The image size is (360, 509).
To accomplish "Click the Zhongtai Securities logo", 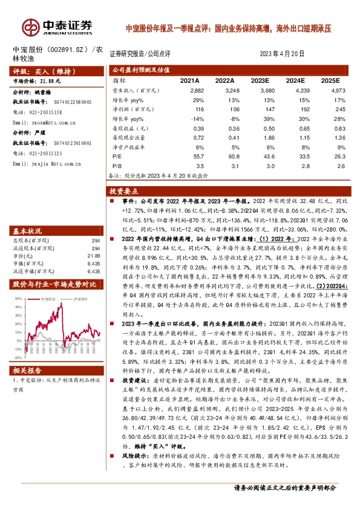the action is (x=58, y=25).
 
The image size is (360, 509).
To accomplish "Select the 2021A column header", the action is (x=190, y=79).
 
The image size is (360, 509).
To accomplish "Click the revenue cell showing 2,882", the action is (x=190, y=89).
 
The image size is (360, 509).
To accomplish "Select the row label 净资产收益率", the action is (x=128, y=146).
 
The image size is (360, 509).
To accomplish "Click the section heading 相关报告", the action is (x=27, y=371).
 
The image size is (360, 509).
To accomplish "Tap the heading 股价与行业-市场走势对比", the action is (x=54, y=284).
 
